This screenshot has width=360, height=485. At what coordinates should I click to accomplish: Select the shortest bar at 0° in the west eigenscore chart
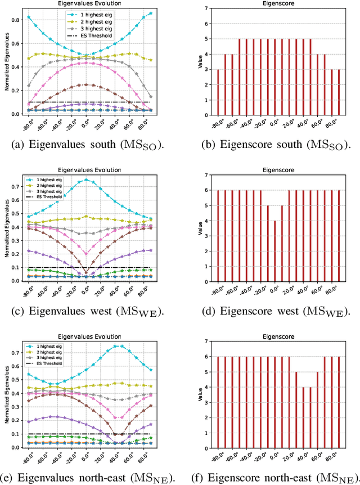[x=274, y=250]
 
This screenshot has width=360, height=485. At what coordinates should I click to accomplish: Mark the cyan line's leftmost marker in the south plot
[x=29, y=17]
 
